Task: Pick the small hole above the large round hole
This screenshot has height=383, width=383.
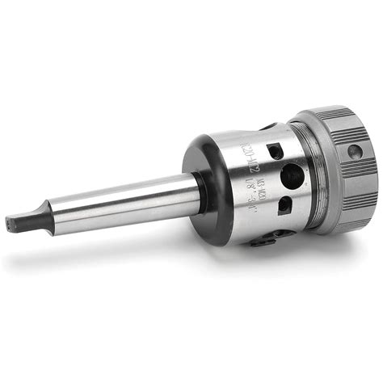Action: click(x=275, y=150)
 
